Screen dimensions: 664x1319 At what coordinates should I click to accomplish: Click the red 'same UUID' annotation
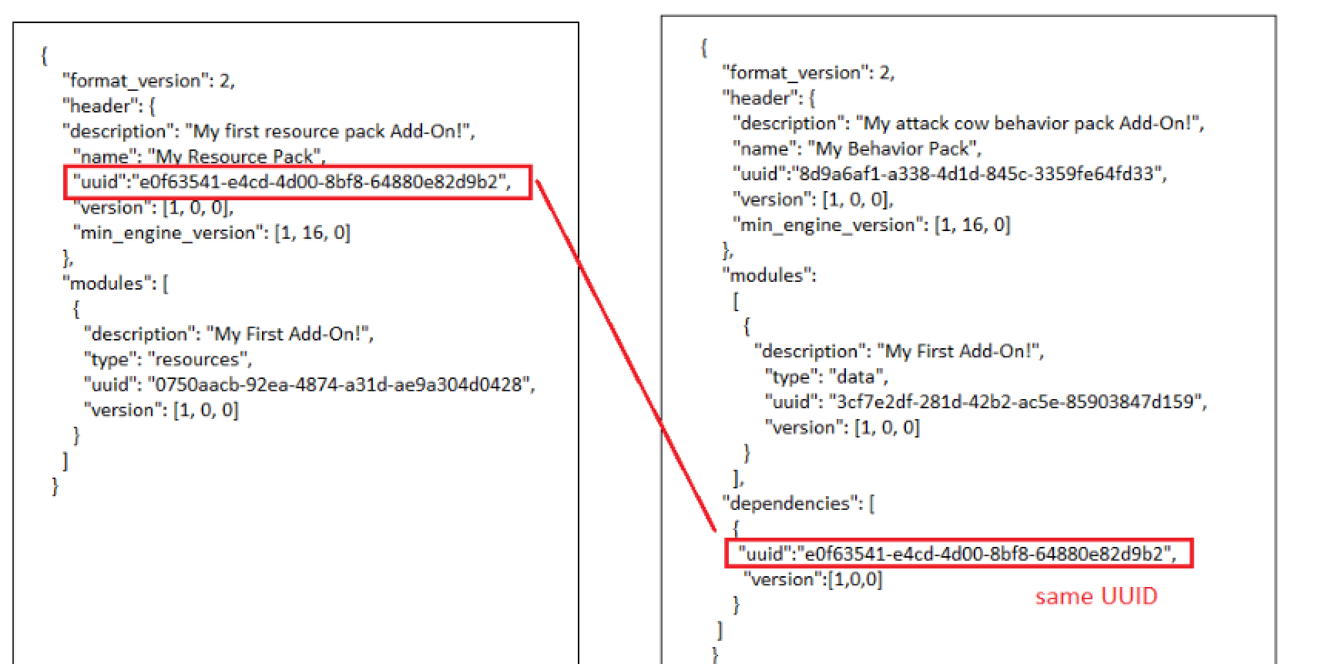(x=1096, y=596)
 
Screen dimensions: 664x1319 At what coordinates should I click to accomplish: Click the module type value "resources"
(x=199, y=359)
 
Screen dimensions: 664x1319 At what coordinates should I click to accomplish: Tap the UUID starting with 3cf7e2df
(x=1015, y=401)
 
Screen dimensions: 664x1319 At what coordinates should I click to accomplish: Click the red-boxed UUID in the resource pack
(x=320, y=182)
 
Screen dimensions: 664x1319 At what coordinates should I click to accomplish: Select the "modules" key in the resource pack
(x=105, y=283)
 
